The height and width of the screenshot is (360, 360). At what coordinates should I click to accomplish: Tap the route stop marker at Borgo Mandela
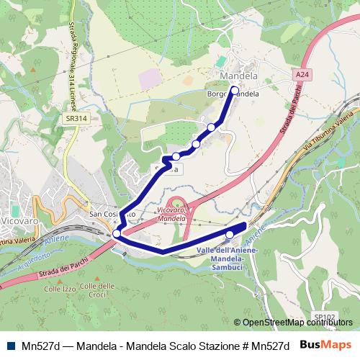click(x=234, y=90)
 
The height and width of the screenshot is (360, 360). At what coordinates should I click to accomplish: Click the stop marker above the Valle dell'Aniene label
click(x=230, y=234)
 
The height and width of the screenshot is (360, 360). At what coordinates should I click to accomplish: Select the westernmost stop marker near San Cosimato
click(x=117, y=233)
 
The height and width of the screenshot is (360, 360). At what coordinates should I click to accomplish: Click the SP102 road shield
click(x=325, y=315)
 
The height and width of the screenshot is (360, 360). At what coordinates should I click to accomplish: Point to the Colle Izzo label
click(x=59, y=289)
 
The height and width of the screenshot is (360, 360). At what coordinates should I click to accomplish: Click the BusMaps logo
click(x=325, y=345)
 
